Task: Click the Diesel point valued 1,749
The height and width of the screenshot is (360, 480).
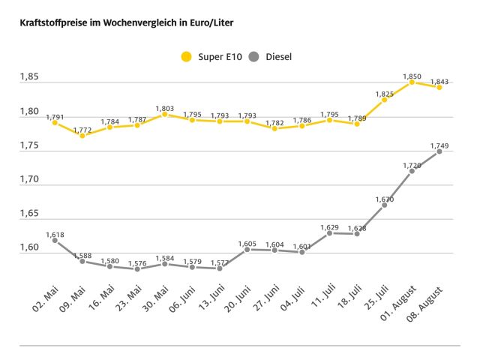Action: [439, 151]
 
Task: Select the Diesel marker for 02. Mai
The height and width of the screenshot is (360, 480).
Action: [55, 240]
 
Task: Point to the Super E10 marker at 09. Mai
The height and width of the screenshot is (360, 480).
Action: [82, 136]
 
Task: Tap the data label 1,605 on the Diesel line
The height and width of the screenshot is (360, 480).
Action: [247, 244]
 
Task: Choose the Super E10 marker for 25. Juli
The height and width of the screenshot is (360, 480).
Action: [385, 100]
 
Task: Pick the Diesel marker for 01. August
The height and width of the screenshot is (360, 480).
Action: [412, 171]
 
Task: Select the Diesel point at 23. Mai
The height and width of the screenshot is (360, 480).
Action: [137, 268]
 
